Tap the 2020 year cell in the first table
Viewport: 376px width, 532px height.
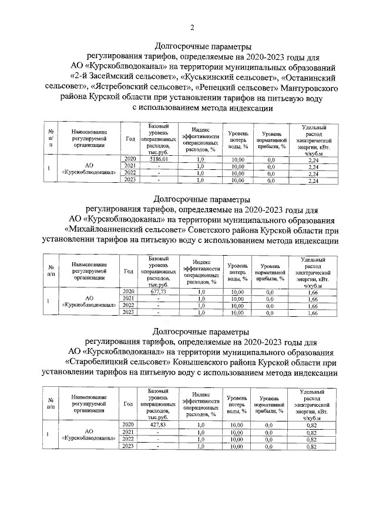130,159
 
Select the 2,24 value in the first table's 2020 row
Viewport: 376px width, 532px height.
313,159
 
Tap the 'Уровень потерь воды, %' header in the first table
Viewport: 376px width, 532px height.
237,139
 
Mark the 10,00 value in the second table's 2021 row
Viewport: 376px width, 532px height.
237,299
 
